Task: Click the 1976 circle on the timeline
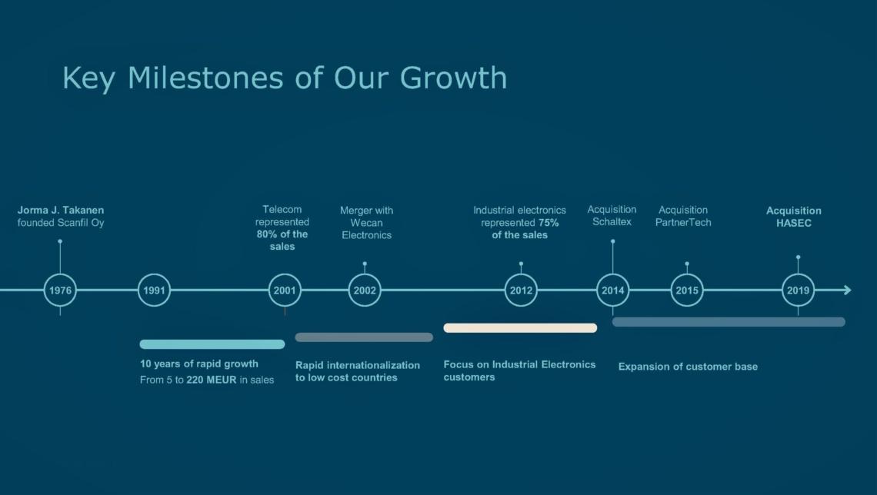(x=61, y=274)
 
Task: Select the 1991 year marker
(x=154, y=274)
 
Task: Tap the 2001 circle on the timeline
(x=285, y=274)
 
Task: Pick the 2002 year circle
(x=365, y=274)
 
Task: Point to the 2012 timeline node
(x=521, y=274)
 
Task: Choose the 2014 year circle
(x=612, y=274)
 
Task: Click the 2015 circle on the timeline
(x=687, y=274)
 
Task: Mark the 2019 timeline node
(x=798, y=274)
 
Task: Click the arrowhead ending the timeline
(x=848, y=290)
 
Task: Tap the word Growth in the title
(x=454, y=78)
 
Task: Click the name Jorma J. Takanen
(x=61, y=210)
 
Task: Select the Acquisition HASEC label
(x=794, y=217)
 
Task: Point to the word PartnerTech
(x=683, y=222)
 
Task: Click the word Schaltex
(x=612, y=222)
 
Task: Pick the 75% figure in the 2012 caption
(x=549, y=222)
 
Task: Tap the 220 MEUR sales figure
(x=212, y=380)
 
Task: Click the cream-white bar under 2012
(x=520, y=328)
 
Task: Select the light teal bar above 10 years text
(x=212, y=344)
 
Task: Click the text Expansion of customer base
(x=688, y=367)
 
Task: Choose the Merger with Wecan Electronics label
(x=366, y=223)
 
